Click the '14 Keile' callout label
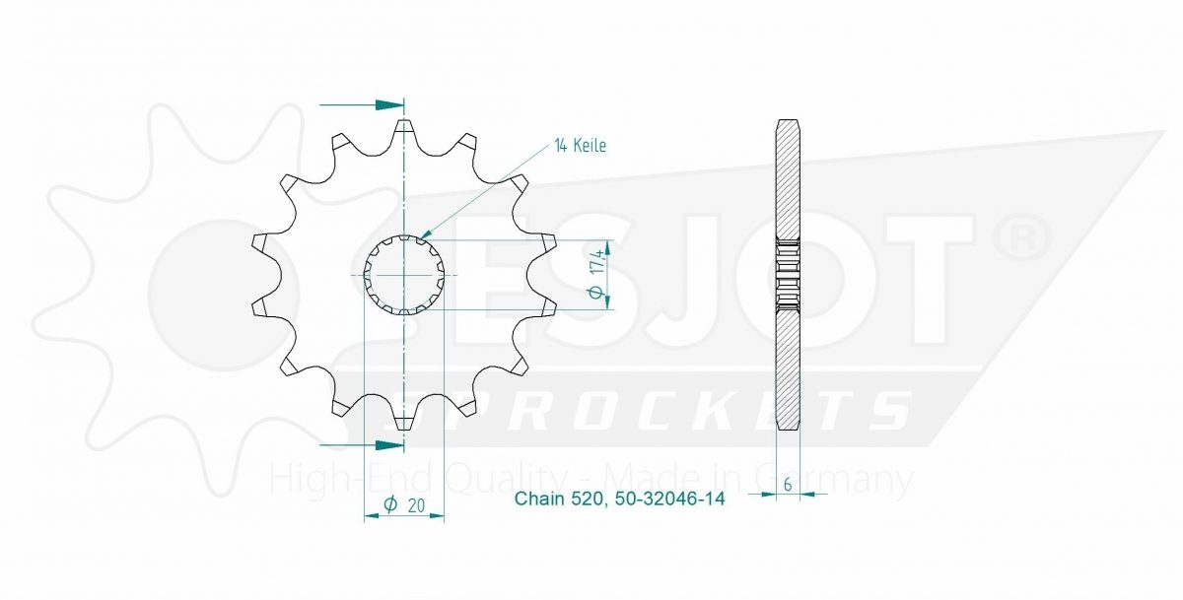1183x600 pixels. point(580,146)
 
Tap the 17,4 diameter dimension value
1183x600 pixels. point(597,262)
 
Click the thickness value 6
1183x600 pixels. point(788,485)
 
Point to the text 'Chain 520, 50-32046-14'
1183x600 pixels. point(619,499)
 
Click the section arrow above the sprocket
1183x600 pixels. point(361,104)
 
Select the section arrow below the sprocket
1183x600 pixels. point(361,446)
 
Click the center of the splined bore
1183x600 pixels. point(404,275)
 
